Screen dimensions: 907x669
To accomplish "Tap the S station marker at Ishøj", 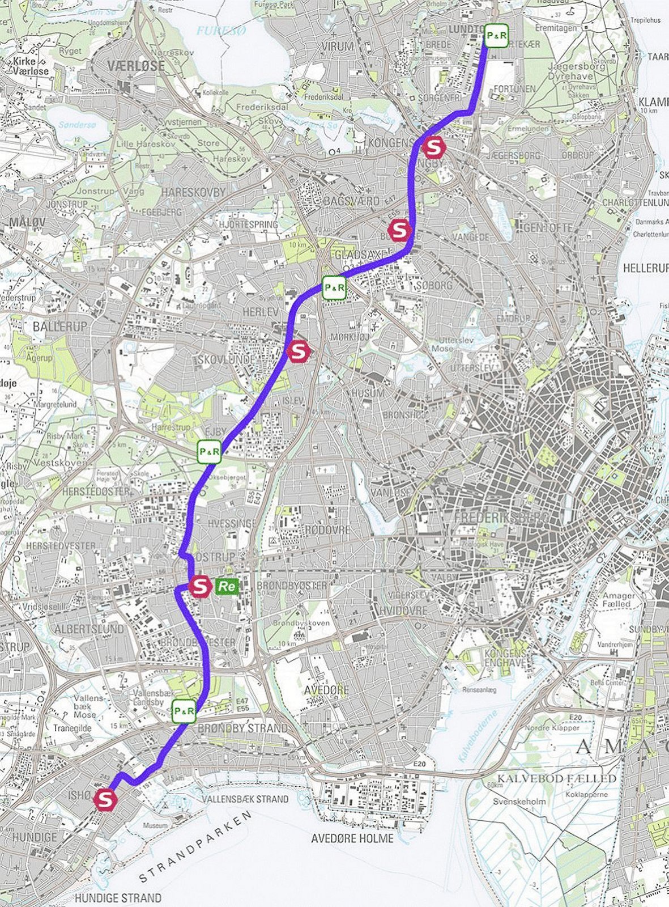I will [105, 800].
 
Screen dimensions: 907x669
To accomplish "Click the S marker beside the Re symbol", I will [199, 586].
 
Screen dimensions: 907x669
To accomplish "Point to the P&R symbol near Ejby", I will [209, 452].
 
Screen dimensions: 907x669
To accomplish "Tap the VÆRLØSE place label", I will [138, 66].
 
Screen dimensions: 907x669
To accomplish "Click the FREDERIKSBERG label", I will [501, 518].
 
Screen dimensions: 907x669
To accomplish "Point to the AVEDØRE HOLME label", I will [352, 838].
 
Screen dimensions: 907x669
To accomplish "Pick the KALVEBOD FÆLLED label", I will [556, 778].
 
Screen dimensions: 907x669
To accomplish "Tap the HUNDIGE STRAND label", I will [118, 898].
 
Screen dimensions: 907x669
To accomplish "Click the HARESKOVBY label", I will [193, 192].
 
